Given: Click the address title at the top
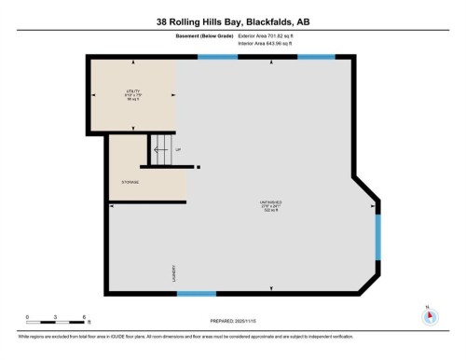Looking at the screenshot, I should (232, 20).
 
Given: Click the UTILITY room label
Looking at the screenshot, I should (131, 94).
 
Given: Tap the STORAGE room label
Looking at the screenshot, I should (130, 182).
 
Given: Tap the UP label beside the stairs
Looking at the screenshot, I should (178, 149).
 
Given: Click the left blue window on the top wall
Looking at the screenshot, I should (217, 57).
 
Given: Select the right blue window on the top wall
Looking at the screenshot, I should (315, 57).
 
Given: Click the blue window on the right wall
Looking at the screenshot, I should (377, 238).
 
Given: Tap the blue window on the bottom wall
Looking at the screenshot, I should (197, 295).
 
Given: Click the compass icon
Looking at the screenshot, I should (429, 315).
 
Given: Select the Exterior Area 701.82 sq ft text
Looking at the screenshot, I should (271, 35).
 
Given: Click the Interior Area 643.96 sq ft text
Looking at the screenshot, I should (271, 43).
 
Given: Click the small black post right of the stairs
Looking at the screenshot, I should (199, 167).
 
